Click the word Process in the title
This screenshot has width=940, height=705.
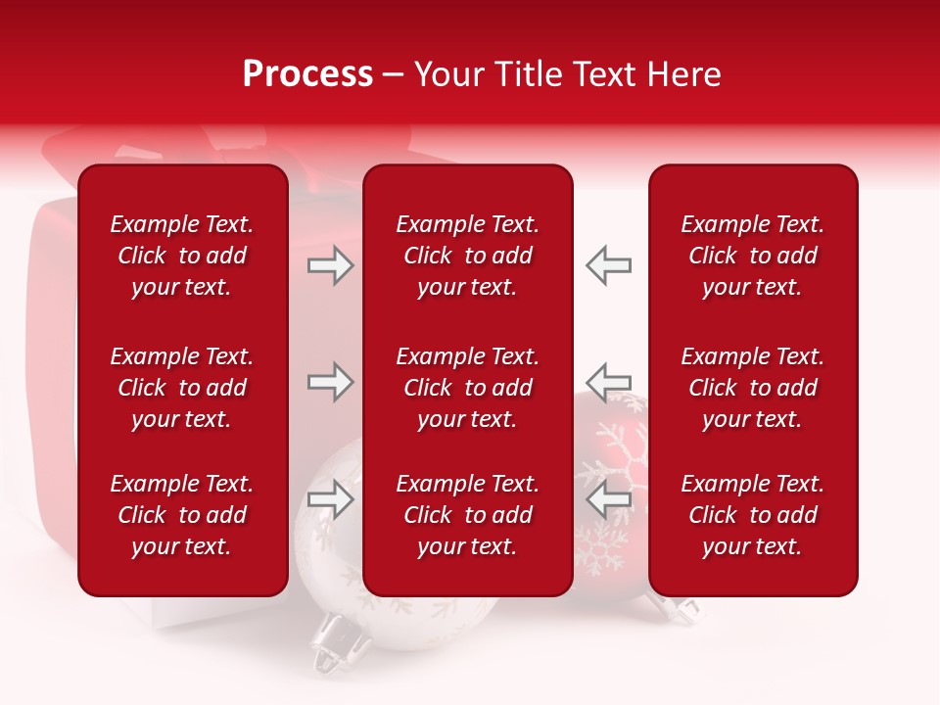pyautogui.click(x=307, y=74)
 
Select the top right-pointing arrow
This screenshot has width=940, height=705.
pyautogui.click(x=330, y=265)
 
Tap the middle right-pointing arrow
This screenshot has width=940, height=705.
pyautogui.click(x=330, y=382)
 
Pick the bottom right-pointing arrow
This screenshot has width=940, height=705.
pyautogui.click(x=330, y=499)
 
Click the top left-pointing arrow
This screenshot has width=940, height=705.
pyautogui.click(x=608, y=265)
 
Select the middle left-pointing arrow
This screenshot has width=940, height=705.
pyautogui.click(x=608, y=382)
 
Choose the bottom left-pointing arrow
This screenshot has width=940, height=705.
pyautogui.click(x=608, y=499)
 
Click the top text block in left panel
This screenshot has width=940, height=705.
pyautogui.click(x=182, y=256)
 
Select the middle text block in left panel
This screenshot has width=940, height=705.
pyautogui.click(x=182, y=388)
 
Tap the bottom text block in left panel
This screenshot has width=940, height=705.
pyautogui.click(x=182, y=515)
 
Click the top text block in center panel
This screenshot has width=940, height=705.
pyautogui.click(x=467, y=256)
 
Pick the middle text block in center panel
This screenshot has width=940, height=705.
pyautogui.click(x=467, y=388)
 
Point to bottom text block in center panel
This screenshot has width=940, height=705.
pyautogui.click(x=467, y=515)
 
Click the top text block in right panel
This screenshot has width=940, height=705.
pyautogui.click(x=752, y=256)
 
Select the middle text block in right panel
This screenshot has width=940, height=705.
pyautogui.click(x=752, y=388)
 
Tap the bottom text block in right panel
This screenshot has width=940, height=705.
pyautogui.click(x=752, y=515)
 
